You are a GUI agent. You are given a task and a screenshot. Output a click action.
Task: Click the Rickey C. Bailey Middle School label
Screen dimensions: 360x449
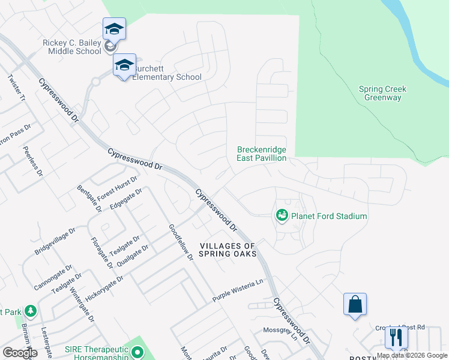72,47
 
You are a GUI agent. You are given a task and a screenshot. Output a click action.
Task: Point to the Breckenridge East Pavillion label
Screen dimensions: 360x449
261,154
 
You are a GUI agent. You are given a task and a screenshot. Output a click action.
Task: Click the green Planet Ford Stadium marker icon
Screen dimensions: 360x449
281,215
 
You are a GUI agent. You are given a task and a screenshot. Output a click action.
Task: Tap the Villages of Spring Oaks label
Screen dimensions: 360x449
228,250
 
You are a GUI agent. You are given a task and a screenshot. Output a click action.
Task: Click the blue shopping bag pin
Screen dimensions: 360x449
355,304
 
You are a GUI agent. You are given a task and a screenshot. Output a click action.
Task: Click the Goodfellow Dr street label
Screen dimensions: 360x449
181,242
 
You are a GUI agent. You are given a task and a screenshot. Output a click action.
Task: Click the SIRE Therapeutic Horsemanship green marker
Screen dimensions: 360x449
137,352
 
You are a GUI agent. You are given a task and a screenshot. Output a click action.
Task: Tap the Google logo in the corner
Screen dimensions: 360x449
20,353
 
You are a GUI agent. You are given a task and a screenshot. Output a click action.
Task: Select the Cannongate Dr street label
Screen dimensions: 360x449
53,277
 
